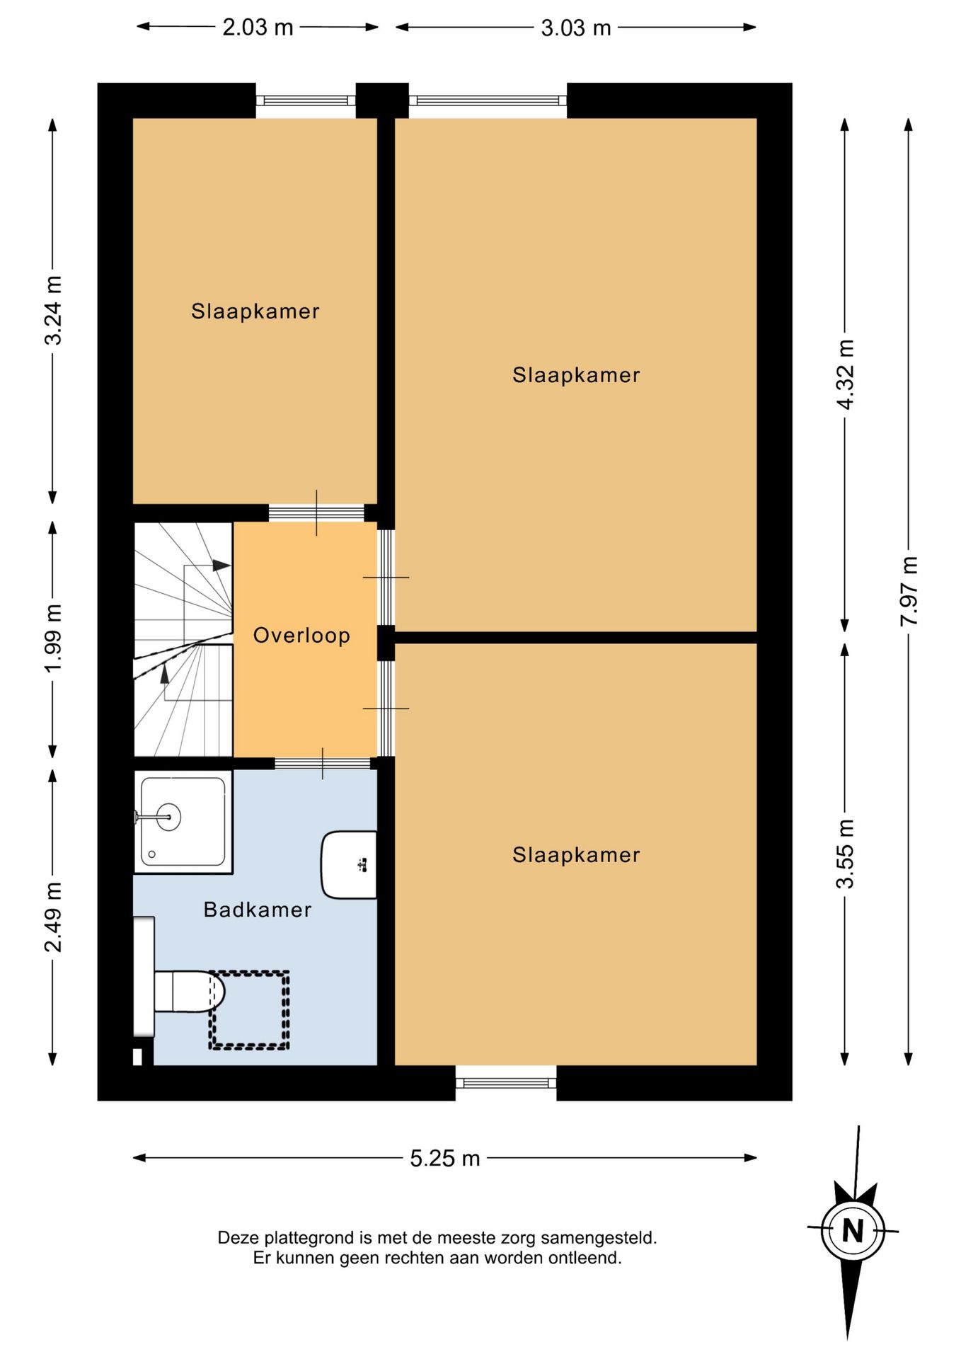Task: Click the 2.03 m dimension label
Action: (x=258, y=28)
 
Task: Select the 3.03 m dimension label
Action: (x=575, y=28)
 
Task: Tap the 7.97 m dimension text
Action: (x=909, y=591)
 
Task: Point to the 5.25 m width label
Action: (x=445, y=1159)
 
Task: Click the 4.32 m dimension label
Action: (x=845, y=374)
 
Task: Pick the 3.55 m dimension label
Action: (x=845, y=854)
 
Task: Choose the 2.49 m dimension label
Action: (x=53, y=917)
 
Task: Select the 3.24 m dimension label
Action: (x=53, y=310)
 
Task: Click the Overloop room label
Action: (x=301, y=635)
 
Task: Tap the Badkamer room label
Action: (x=258, y=910)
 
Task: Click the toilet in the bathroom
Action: (x=189, y=992)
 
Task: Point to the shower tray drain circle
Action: (x=152, y=854)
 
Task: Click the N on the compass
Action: (x=853, y=1232)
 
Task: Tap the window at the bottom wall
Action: (x=506, y=1083)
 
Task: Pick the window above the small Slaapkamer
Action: (x=306, y=101)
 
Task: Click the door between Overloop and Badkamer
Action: (x=323, y=763)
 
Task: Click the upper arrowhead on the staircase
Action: (x=222, y=566)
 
